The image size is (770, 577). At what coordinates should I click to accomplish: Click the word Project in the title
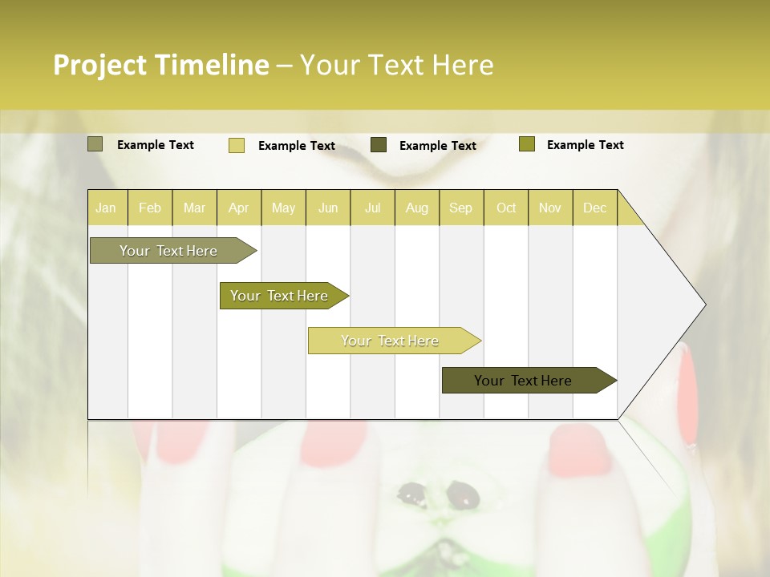pos(101,65)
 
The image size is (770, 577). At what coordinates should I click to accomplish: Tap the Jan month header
pos(106,208)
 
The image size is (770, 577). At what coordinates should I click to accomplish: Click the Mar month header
pos(194,208)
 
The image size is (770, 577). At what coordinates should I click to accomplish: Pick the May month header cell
pos(283,208)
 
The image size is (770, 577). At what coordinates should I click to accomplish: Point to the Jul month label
pos(372,208)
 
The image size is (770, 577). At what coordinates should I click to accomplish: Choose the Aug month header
pos(416,208)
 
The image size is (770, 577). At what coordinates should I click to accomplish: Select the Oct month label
pos(506,208)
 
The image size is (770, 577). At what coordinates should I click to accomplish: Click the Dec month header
pos(594,208)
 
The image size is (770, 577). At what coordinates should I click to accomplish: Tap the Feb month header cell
pos(150,208)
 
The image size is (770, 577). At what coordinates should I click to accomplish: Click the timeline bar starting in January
pos(169,251)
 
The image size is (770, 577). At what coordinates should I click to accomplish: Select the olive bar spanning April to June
pos(280,296)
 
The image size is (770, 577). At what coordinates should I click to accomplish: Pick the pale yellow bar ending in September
pos(391,341)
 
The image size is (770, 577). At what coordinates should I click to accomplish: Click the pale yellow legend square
pos(237,145)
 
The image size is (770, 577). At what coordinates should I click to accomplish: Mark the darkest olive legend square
pos(379,145)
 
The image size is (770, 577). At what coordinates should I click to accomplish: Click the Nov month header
pos(550,208)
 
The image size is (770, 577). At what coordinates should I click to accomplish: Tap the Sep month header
pos(460,208)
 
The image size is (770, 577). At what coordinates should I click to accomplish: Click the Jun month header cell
pos(328,208)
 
